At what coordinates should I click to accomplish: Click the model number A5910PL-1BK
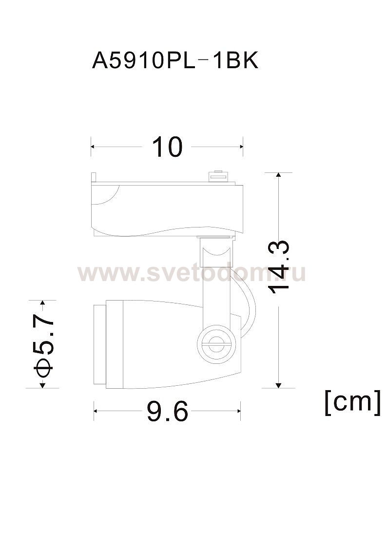(175, 61)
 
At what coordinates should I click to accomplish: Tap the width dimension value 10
(167, 147)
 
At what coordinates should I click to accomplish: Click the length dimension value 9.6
(167, 411)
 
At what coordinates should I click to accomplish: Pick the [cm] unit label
(352, 403)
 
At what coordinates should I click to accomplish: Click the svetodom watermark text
(192, 272)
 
